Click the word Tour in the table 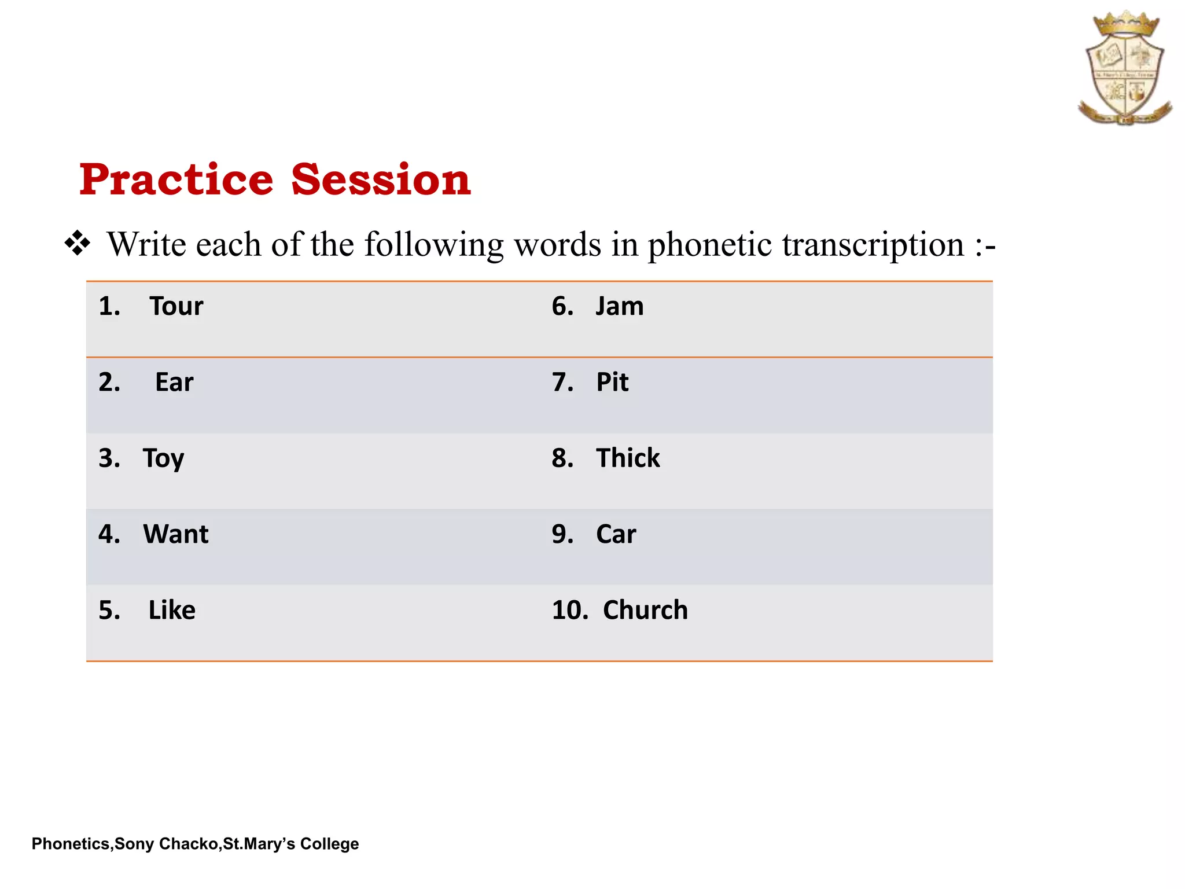point(176,306)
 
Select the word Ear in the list point(174,382)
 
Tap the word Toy point(163,459)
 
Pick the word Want point(175,534)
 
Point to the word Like point(172,610)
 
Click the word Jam point(620,306)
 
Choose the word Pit point(612,382)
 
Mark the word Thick point(628,458)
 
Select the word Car point(616,534)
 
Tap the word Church point(645,610)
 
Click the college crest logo point(1124,68)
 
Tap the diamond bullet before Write point(78,244)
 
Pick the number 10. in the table point(569,610)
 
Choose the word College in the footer point(329,844)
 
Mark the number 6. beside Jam point(562,306)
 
